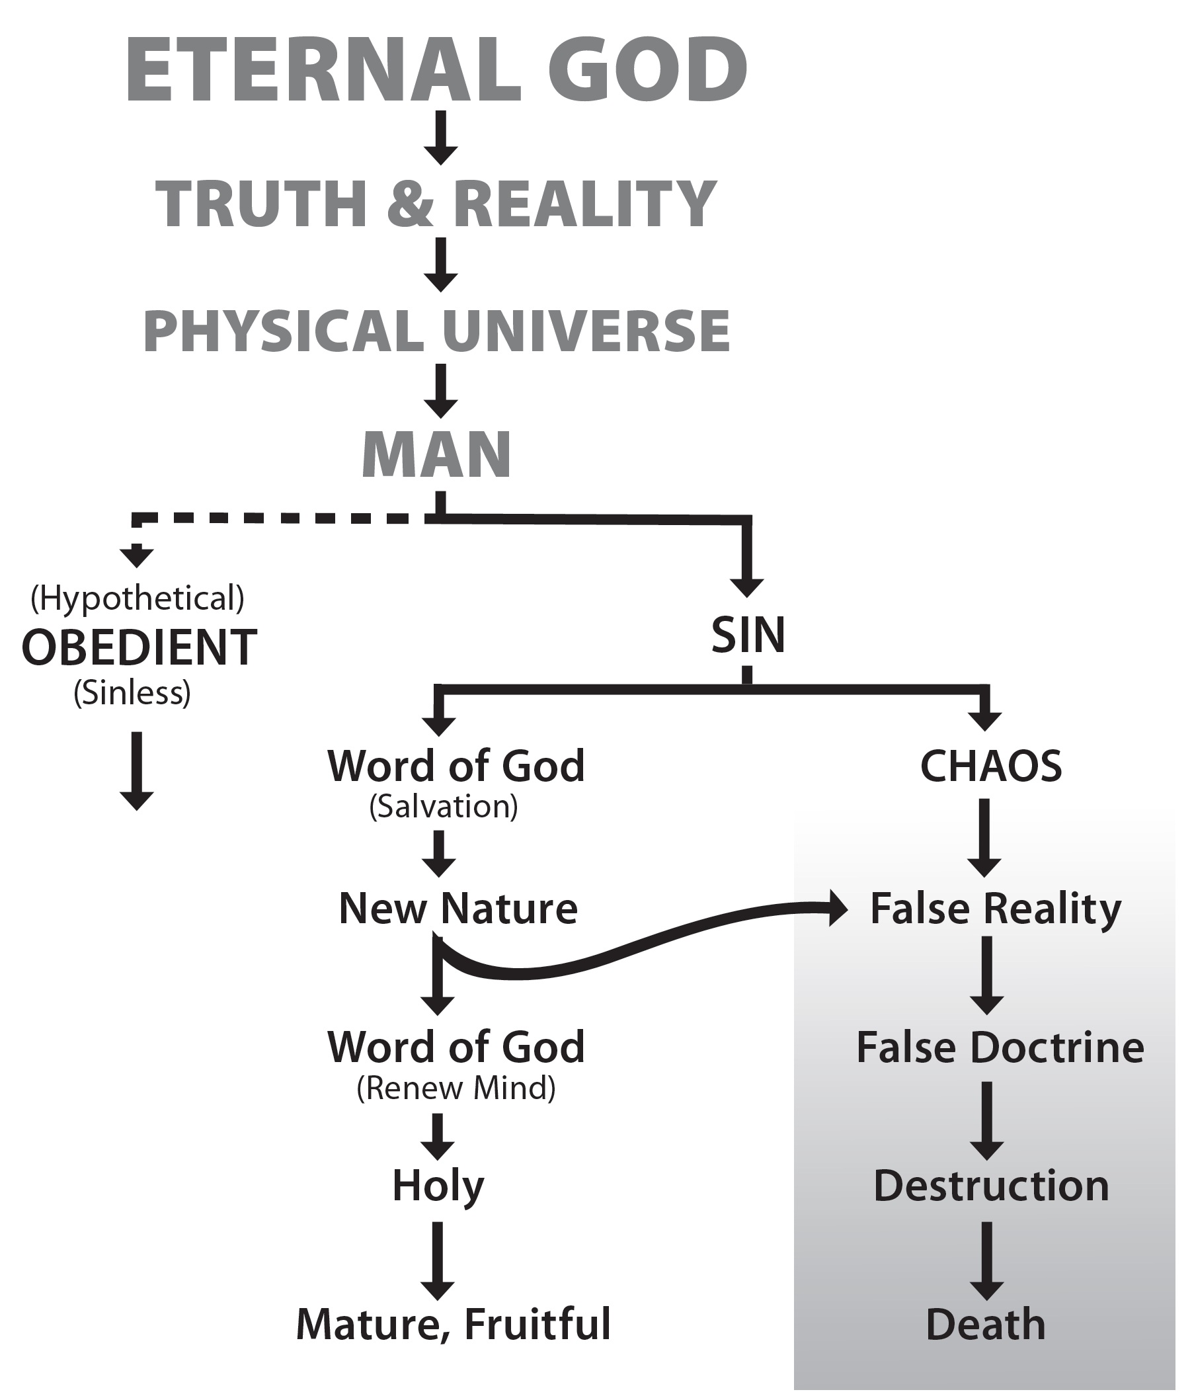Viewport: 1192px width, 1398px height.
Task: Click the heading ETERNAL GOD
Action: tap(436, 69)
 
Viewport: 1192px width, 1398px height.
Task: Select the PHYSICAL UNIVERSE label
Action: tap(436, 331)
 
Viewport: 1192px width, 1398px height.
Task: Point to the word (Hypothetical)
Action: tap(138, 598)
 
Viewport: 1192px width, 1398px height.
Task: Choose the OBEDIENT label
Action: tap(139, 647)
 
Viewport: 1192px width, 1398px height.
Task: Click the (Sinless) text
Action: tap(132, 692)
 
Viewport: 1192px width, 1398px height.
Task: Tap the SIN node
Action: tap(748, 635)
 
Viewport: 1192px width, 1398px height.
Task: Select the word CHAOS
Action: tap(991, 766)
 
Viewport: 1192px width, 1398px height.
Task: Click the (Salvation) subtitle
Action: tap(444, 805)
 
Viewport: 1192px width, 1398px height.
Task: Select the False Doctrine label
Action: tap(1000, 1047)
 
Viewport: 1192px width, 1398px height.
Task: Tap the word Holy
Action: tap(438, 1186)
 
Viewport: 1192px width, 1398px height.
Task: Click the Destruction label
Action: tap(991, 1186)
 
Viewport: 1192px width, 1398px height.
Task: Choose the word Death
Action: tap(986, 1325)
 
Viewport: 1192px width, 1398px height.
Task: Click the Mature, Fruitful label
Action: tap(454, 1324)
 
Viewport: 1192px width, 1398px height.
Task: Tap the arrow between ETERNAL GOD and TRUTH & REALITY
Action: tap(441, 138)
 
